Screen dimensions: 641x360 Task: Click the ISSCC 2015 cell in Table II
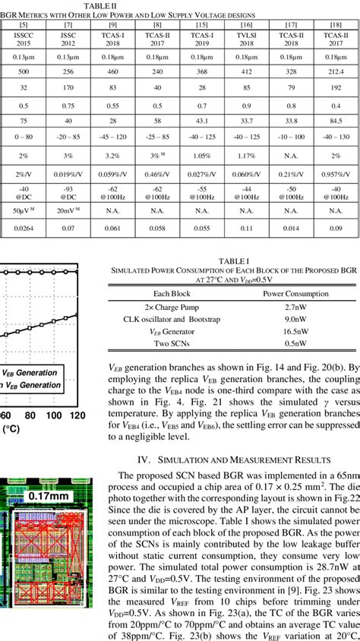pyautogui.click(x=23, y=39)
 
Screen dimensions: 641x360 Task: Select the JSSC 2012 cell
pyautogui.click(x=67, y=39)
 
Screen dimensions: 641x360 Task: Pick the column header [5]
pyautogui.click(x=23, y=24)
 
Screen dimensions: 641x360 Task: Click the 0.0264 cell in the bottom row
pyautogui.click(x=23, y=228)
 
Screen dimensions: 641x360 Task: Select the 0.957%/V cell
pyautogui.click(x=334, y=173)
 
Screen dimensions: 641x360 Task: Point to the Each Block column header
pyautogui.click(x=175, y=294)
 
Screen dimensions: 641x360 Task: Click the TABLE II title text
pyautogui.click(x=100, y=6)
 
